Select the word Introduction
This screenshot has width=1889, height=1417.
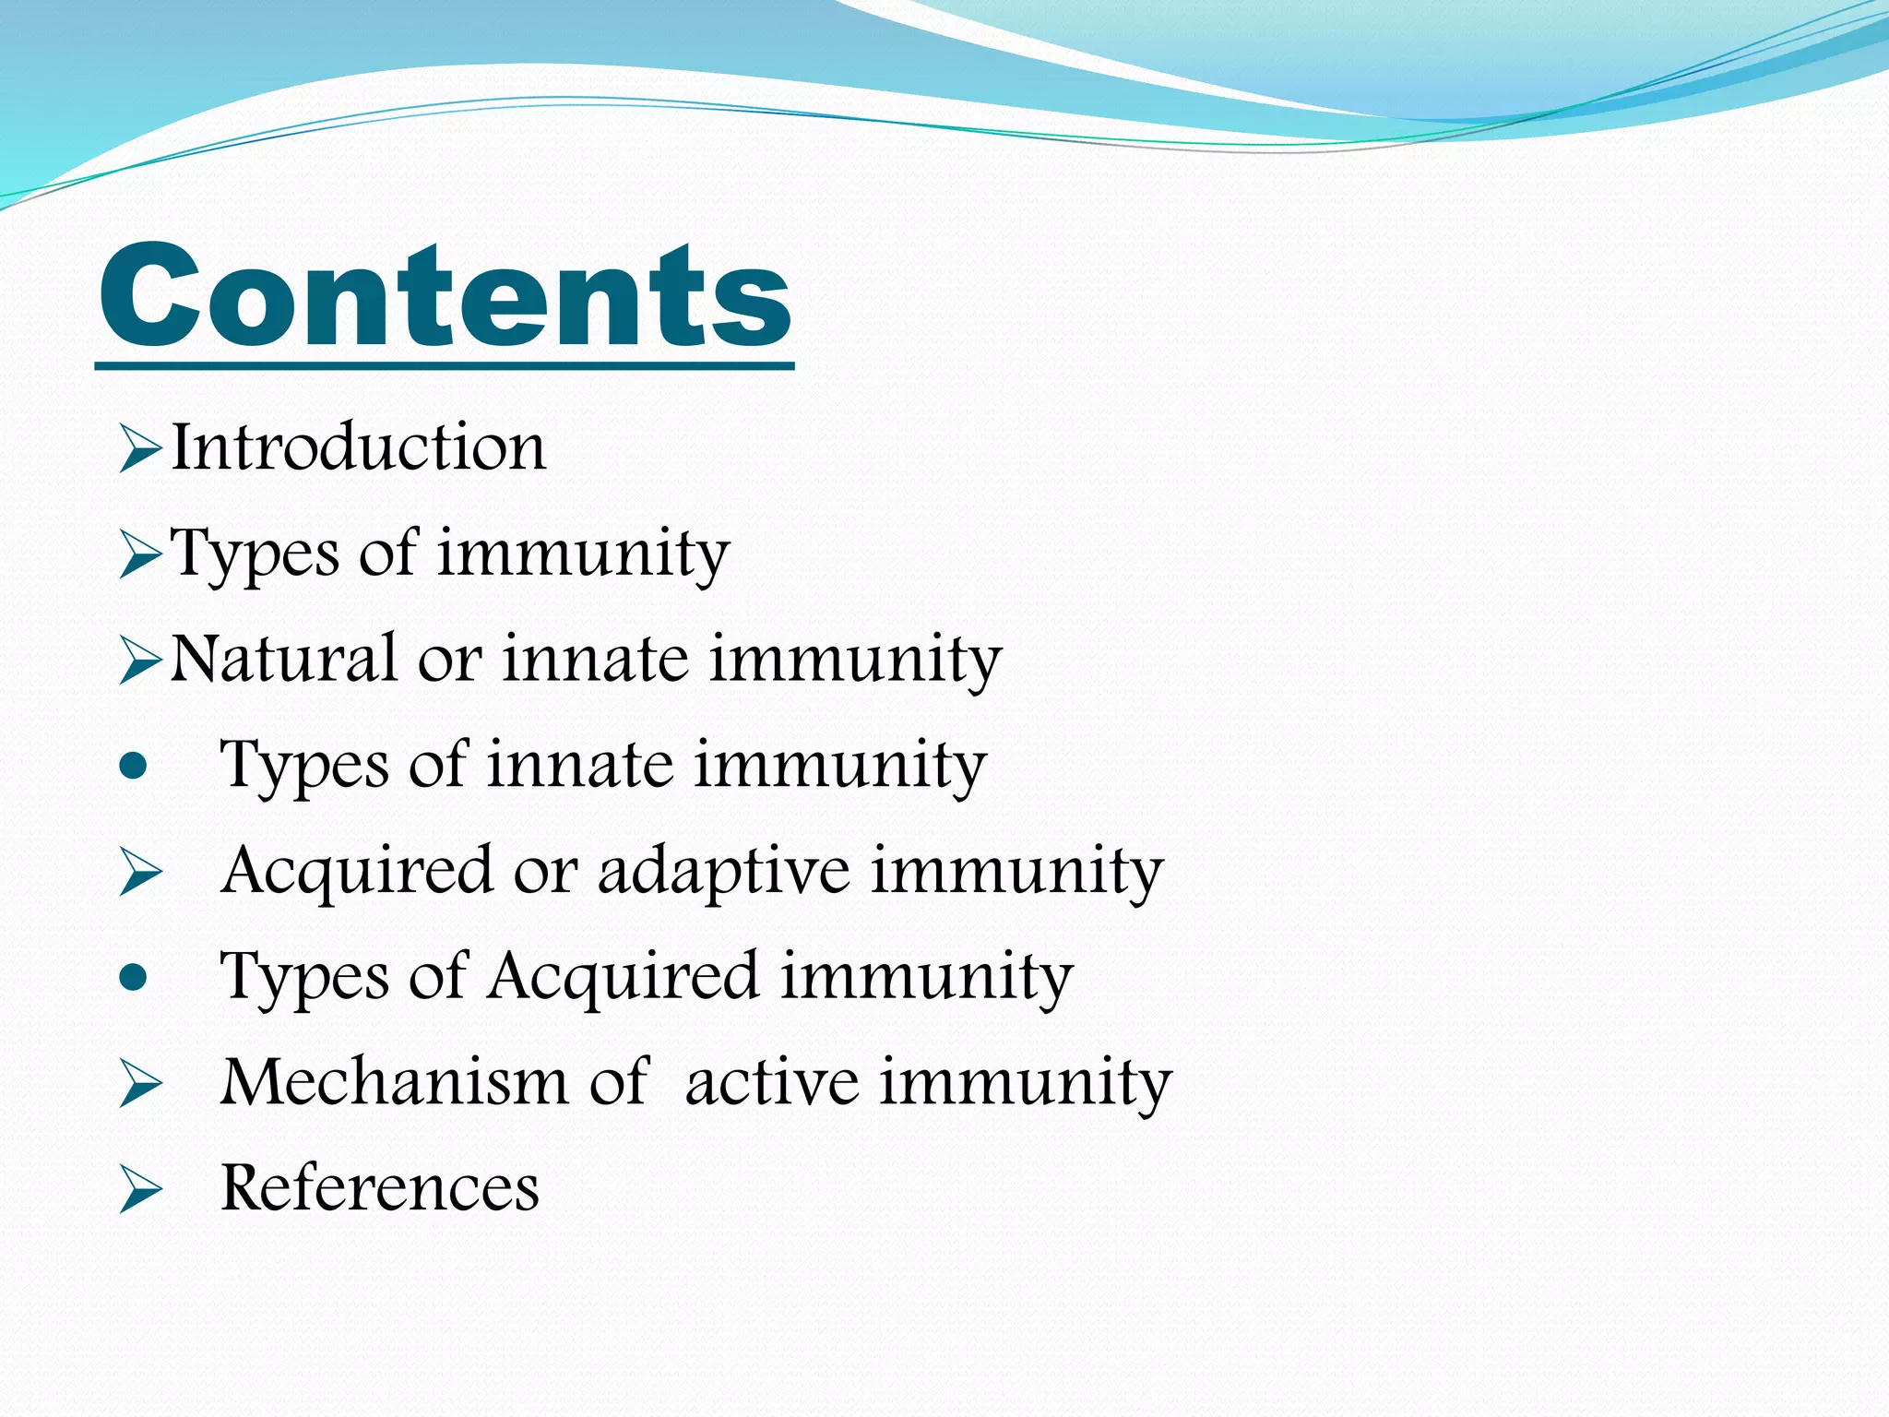(x=359, y=447)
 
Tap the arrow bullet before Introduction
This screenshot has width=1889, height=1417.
(x=140, y=451)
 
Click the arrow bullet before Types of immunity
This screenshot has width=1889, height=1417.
(x=140, y=557)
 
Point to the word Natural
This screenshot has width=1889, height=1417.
(x=284, y=660)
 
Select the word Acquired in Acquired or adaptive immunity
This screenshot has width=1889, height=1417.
(x=357, y=872)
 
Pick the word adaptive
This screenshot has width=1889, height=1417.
(x=723, y=872)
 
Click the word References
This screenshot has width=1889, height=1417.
(x=380, y=1187)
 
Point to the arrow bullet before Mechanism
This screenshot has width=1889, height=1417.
(x=140, y=1085)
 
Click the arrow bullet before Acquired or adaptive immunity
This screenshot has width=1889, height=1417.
(x=140, y=874)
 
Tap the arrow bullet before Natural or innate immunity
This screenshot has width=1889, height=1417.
(x=140, y=662)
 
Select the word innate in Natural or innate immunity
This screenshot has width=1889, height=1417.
(x=595, y=660)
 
